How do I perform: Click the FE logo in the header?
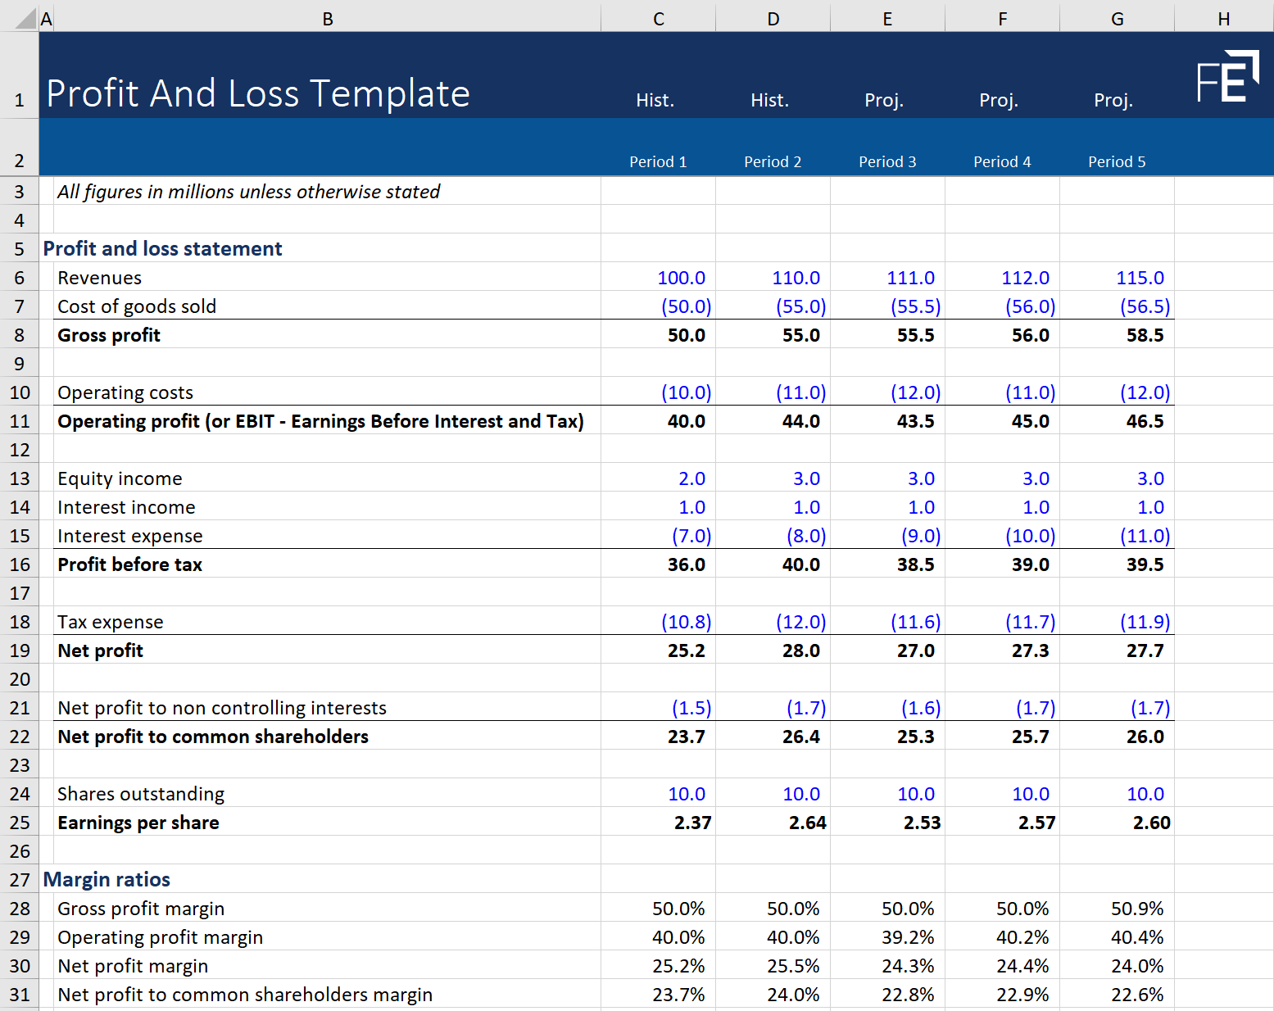click(1227, 77)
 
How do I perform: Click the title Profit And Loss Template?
click(258, 93)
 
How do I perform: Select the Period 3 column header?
click(887, 162)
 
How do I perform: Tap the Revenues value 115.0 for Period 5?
click(1140, 278)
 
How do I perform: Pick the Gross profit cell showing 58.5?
click(1145, 335)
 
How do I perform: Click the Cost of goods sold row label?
click(137, 306)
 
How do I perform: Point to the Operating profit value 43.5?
click(915, 421)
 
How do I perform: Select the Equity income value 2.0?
click(691, 478)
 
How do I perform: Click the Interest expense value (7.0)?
click(691, 536)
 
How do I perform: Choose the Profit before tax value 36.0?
click(686, 564)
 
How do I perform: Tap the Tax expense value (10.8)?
click(686, 622)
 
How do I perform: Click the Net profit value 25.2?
click(686, 651)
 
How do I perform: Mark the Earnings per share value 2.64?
click(807, 823)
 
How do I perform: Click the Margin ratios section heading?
click(107, 879)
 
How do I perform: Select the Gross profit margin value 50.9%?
click(1137, 909)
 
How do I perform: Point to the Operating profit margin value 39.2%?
click(908, 937)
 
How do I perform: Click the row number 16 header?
click(20, 564)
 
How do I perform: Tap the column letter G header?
click(1117, 19)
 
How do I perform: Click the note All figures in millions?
click(248, 192)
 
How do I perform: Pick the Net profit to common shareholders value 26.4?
click(800, 737)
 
